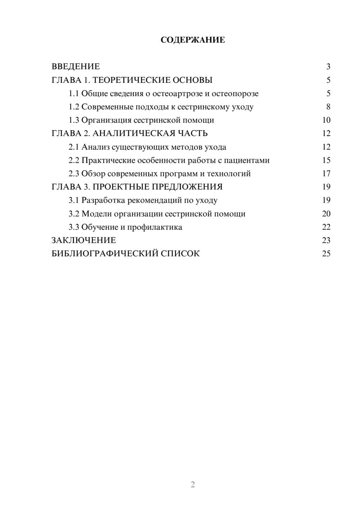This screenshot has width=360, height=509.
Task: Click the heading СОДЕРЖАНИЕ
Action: tap(193, 40)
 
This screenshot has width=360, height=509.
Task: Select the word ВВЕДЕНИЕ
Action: tap(76, 67)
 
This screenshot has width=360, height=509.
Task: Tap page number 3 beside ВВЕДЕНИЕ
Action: tap(328, 67)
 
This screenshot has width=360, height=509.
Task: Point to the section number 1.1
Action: tap(74, 94)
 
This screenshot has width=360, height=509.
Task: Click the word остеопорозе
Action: tap(235, 94)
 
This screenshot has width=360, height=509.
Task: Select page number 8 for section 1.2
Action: tap(328, 107)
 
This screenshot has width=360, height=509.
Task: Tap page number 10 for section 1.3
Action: tap(326, 120)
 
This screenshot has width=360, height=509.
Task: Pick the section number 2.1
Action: tap(74, 147)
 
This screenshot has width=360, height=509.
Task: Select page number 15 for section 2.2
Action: tap(326, 161)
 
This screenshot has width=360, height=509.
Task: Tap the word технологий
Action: tap(229, 174)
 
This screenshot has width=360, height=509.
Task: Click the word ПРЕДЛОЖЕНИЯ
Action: tap(187, 187)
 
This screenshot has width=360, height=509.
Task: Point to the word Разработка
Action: tap(103, 200)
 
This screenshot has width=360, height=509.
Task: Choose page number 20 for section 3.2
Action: tap(326, 214)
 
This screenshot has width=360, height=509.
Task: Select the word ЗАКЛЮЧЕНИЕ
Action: tap(84, 240)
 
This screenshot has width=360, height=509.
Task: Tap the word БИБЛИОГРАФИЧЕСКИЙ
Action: tap(105, 253)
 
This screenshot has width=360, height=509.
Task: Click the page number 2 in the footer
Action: tap(193, 485)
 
